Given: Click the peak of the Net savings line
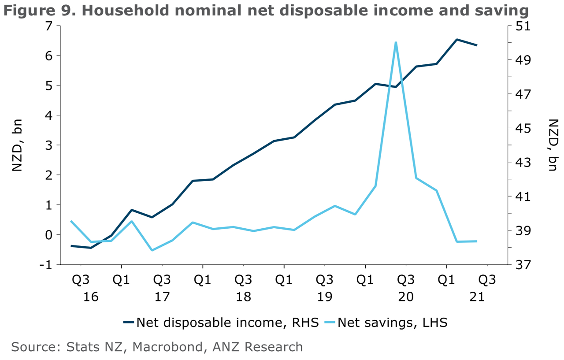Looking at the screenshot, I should (x=396, y=42).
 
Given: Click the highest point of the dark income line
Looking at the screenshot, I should (x=457, y=39).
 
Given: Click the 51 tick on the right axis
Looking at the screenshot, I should (x=520, y=26).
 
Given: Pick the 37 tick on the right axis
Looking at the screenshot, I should (x=520, y=264).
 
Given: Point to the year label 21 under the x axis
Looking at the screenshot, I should (x=477, y=297).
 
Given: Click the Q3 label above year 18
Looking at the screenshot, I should (x=243, y=281).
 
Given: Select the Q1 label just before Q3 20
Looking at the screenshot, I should (x=365, y=281).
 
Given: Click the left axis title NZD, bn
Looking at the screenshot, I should (x=17, y=145).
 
